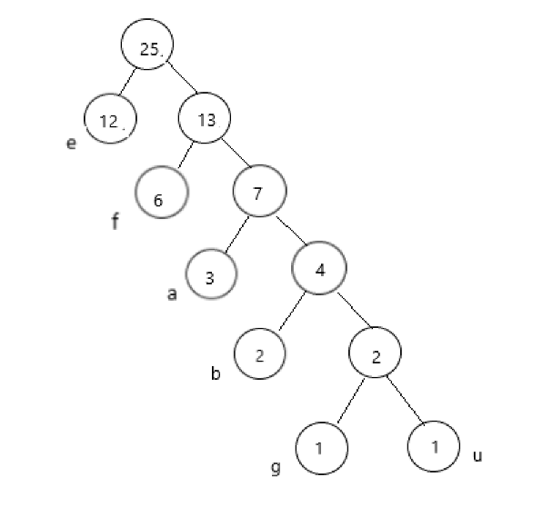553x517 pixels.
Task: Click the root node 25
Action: [148, 48]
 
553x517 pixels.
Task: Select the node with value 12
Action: [110, 120]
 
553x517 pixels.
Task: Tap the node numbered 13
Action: [206, 119]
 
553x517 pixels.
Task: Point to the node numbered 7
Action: [259, 192]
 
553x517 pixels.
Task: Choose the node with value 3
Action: [210, 275]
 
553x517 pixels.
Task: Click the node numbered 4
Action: [319, 268]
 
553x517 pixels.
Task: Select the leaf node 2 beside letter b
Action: [260, 353]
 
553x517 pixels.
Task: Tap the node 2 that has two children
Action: [375, 353]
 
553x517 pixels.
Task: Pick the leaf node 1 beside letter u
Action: [434, 447]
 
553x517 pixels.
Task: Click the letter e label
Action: [71, 143]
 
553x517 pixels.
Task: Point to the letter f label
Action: [116, 221]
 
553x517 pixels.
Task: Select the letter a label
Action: [172, 294]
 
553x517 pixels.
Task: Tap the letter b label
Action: [216, 373]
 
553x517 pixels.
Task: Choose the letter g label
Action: [276, 468]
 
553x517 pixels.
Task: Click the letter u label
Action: [477, 454]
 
